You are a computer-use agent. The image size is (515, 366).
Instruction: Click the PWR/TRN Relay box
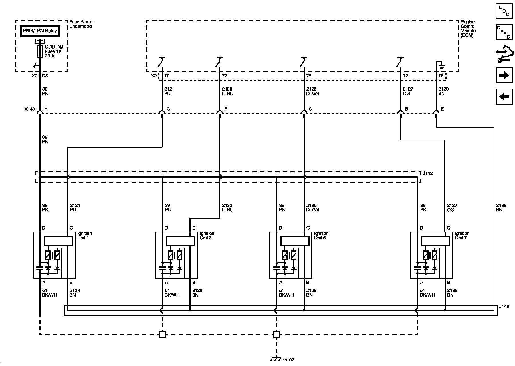click(40, 31)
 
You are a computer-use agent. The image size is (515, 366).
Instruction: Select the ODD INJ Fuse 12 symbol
click(40, 51)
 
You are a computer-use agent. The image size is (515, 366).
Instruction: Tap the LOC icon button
click(504, 11)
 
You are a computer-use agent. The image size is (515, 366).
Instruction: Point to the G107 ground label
click(288, 359)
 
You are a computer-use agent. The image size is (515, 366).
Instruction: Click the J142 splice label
click(428, 173)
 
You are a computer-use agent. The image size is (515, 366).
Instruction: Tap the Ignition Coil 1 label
click(84, 236)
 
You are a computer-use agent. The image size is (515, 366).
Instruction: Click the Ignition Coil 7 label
click(462, 236)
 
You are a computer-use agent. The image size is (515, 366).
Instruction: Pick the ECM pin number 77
click(225, 76)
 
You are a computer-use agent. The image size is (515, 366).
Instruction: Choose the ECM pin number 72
click(405, 76)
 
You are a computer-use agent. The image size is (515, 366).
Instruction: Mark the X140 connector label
click(30, 109)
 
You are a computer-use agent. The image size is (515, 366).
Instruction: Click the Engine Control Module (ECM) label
click(468, 29)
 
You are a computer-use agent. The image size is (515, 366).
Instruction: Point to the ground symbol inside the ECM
click(442, 67)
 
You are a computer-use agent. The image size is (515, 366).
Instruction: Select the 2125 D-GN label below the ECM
click(312, 91)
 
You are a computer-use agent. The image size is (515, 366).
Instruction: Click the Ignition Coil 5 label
click(321, 236)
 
